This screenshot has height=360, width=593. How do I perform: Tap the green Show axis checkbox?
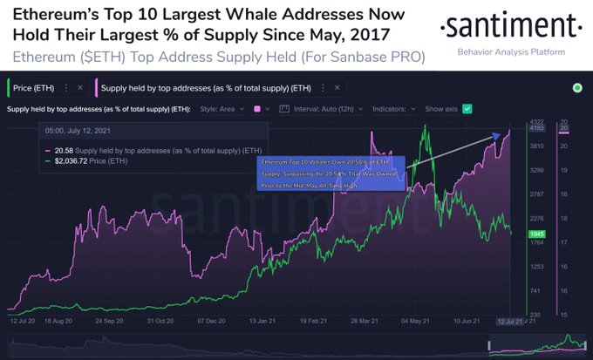467,108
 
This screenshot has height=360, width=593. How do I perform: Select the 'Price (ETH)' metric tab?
36,87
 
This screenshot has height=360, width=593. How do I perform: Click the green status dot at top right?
576,88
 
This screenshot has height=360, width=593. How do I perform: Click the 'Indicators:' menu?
396,108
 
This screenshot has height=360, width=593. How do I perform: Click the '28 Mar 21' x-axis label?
366,321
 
